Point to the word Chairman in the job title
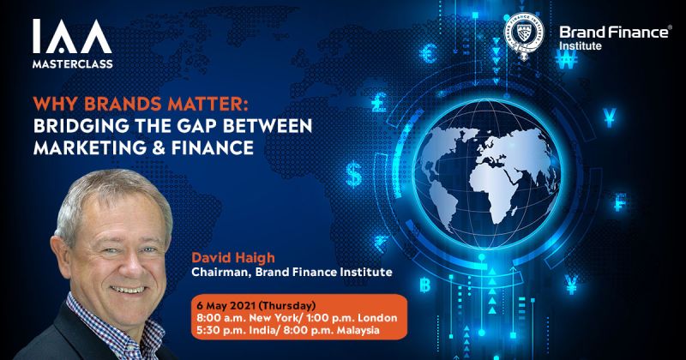pos(221,273)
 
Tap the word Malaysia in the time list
pos(372,332)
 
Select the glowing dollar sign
pos(354,175)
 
